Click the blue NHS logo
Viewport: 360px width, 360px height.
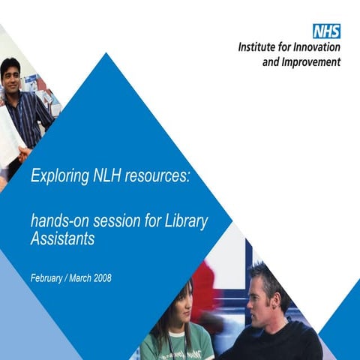coord(326,31)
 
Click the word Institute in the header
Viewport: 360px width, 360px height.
coord(259,47)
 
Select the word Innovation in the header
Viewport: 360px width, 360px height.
coord(316,47)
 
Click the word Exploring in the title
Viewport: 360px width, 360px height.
coord(57,175)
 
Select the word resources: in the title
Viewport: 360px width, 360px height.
coord(158,176)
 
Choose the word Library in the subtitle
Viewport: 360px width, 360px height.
coord(186,221)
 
